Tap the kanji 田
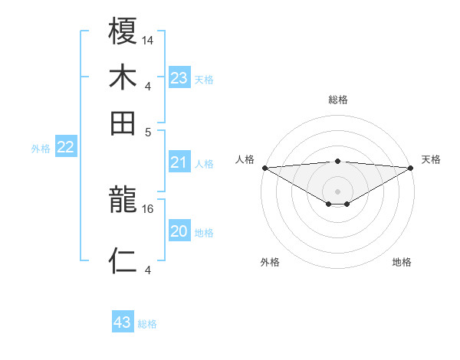pyautogui.click(x=123, y=123)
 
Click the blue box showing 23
pyautogui.click(x=179, y=78)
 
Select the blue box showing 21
pyautogui.click(x=179, y=162)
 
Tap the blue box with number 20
pyautogui.click(x=179, y=231)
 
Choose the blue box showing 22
pyautogui.click(x=65, y=147)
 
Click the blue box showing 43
pyautogui.click(x=123, y=322)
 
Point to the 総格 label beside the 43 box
pyautogui.click(x=147, y=324)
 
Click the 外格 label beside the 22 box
pyautogui.click(x=40, y=149)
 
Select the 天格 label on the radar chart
pyautogui.click(x=431, y=159)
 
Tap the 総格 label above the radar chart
pyautogui.click(x=337, y=100)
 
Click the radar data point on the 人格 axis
pyautogui.click(x=264, y=167)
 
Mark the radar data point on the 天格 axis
pyautogui.click(x=411, y=167)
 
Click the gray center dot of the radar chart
pyautogui.click(x=337, y=191)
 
